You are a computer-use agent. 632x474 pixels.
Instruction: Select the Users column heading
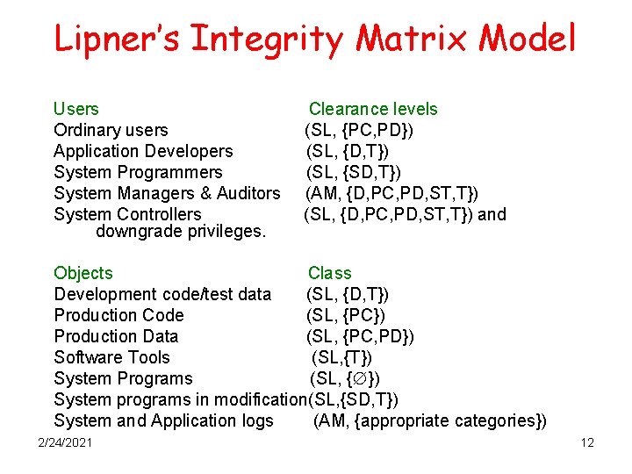(x=76, y=109)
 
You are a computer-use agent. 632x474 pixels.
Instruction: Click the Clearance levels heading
(x=372, y=109)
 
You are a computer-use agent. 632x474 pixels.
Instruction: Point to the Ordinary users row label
(x=111, y=130)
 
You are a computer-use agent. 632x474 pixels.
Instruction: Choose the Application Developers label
(x=143, y=151)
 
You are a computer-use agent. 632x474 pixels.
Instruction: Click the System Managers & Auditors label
(x=167, y=193)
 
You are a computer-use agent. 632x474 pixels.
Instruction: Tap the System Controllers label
(x=127, y=214)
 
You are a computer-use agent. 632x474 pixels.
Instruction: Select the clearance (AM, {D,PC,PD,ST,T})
(x=391, y=193)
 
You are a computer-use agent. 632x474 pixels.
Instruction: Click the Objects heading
(x=83, y=273)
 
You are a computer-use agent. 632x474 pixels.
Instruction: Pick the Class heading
(x=329, y=273)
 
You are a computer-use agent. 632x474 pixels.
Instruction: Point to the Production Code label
(x=118, y=315)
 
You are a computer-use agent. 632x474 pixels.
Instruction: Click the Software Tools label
(x=111, y=357)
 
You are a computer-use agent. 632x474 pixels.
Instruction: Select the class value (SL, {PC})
(x=346, y=315)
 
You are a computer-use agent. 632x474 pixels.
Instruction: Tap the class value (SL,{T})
(x=341, y=357)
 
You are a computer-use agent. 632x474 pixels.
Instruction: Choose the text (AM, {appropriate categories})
(x=429, y=420)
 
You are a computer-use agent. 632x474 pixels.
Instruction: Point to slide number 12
(x=587, y=442)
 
